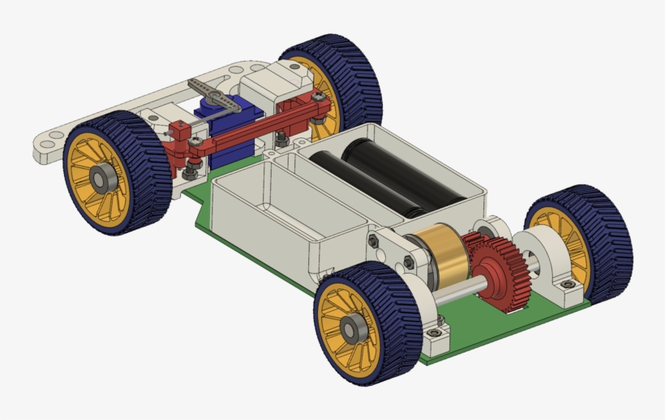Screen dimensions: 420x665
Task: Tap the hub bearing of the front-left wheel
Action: click(x=103, y=180)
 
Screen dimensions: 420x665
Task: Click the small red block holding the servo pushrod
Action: click(x=179, y=129)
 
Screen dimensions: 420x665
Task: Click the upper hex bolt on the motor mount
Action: click(x=374, y=241)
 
